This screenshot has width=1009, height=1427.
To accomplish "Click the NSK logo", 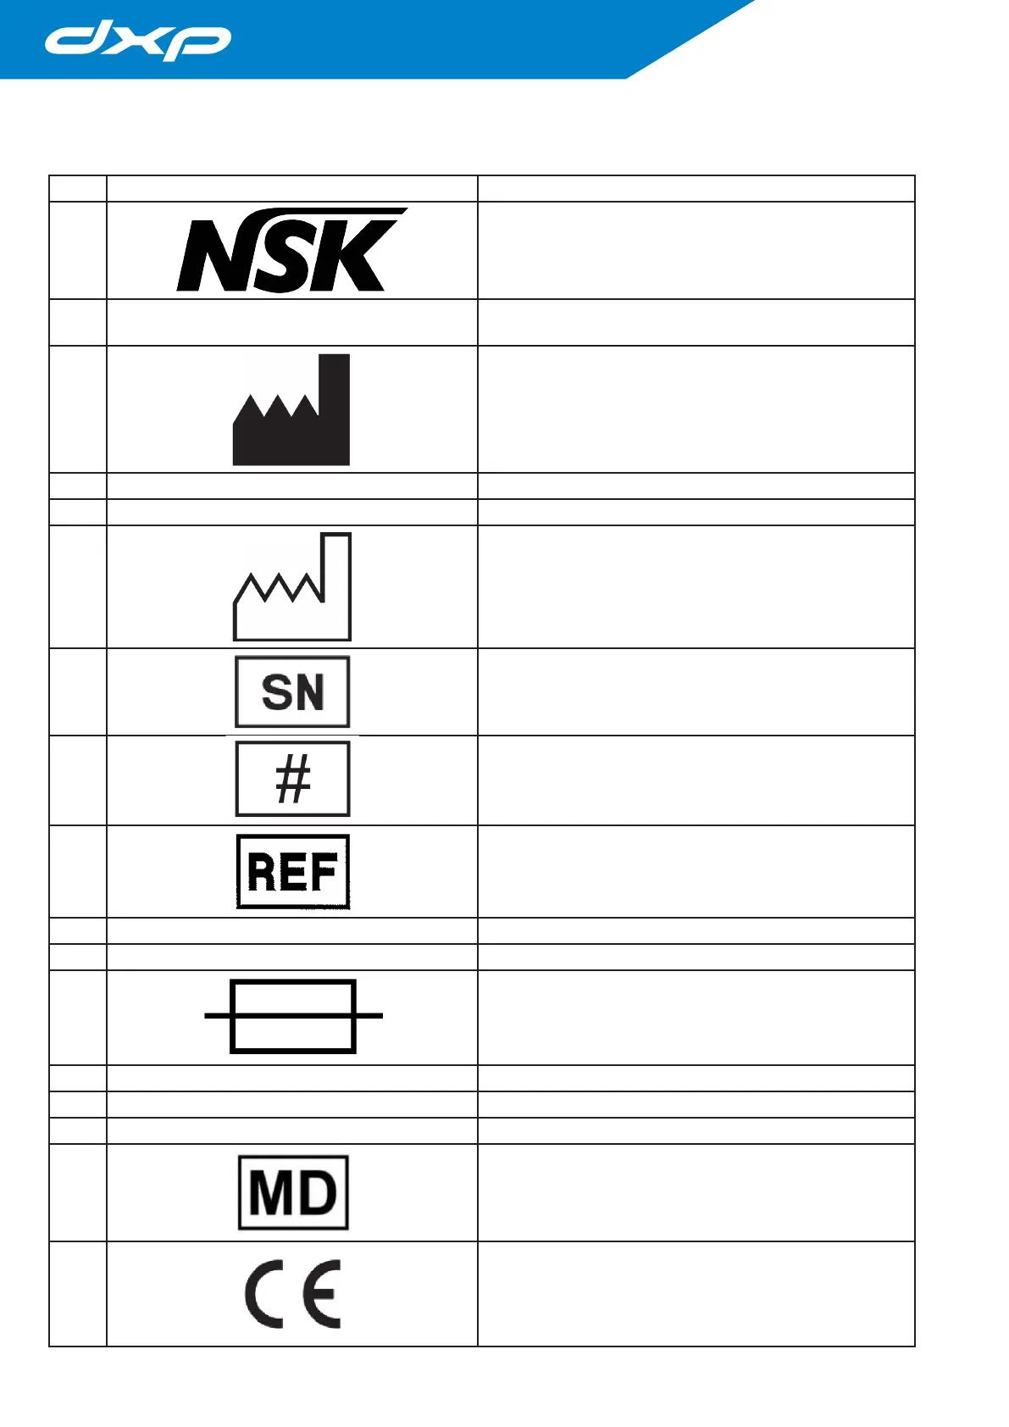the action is pyautogui.click(x=291, y=251).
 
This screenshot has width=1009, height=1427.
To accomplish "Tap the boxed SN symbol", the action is pyautogui.click(x=292, y=691).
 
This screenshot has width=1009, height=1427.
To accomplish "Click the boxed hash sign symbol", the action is pyautogui.click(x=292, y=780).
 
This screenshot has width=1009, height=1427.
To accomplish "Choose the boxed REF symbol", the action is pyautogui.click(x=292, y=871).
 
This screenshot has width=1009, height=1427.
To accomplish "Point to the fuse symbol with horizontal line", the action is pyautogui.click(x=293, y=1016).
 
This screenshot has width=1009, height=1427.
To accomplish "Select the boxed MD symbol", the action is pyautogui.click(x=293, y=1192).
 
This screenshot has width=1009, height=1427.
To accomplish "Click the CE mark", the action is pyautogui.click(x=293, y=1294).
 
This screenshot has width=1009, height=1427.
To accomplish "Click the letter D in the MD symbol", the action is pyautogui.click(x=317, y=1193).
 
